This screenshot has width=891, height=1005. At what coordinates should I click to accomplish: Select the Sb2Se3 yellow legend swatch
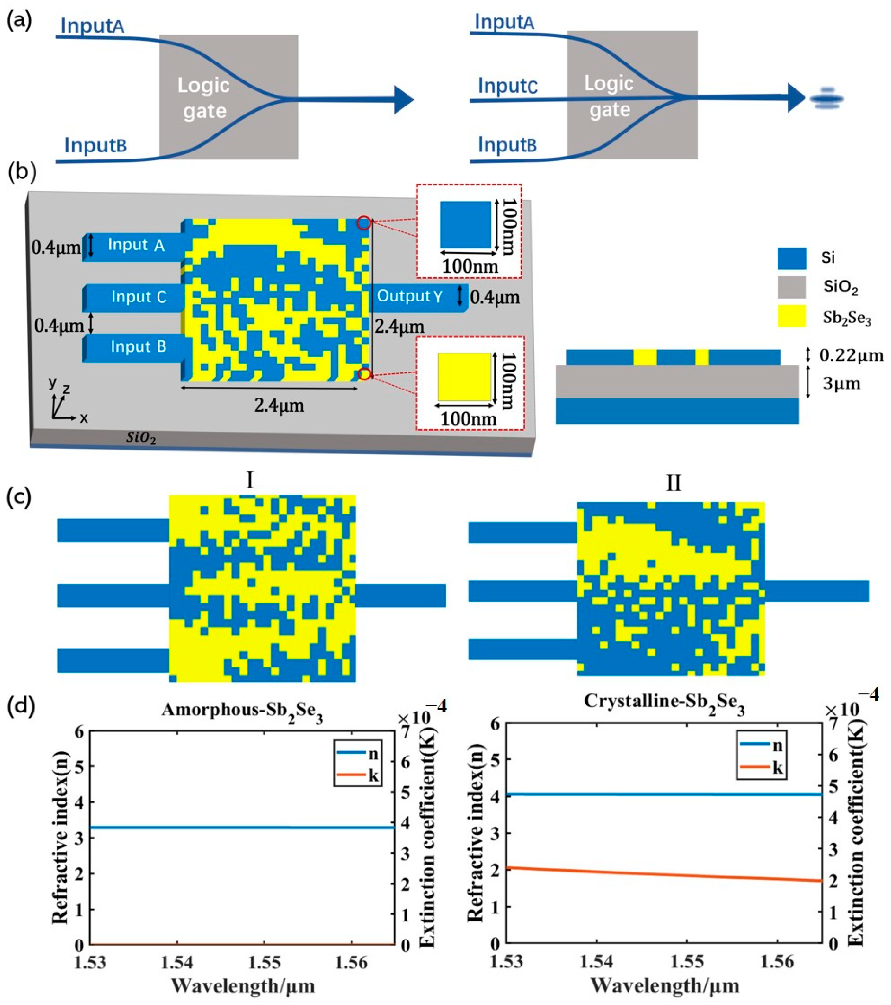pos(791,316)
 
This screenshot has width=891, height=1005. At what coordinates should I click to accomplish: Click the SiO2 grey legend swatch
pos(791,287)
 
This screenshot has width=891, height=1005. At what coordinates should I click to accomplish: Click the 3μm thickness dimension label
pos(841,383)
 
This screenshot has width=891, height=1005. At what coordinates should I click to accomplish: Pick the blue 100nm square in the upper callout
pos(465,224)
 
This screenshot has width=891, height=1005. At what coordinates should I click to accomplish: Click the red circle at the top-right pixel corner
pos(364,223)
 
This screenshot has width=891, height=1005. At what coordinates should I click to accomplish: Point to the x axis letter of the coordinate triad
pos(84,418)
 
